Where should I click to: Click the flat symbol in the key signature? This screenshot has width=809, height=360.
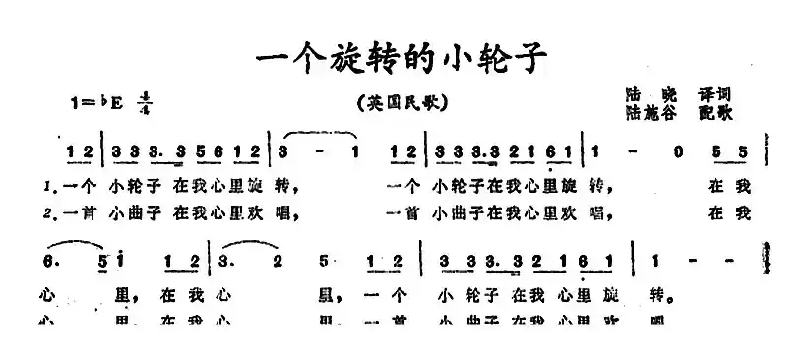pos(114,100)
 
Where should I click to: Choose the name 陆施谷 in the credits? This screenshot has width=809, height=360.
pos(647,112)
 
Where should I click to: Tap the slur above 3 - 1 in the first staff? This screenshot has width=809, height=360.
pos(320,133)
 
